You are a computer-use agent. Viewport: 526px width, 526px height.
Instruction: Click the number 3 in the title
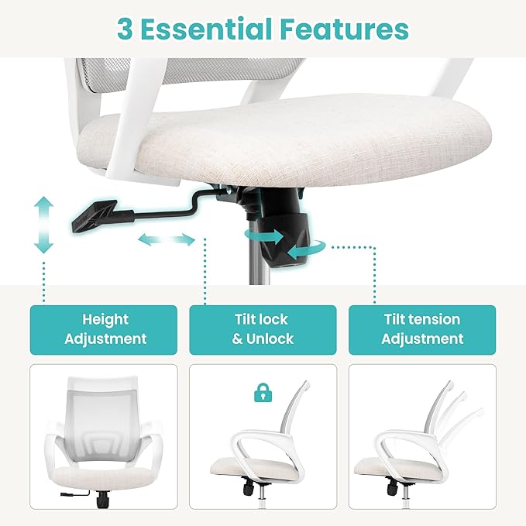click(x=125, y=29)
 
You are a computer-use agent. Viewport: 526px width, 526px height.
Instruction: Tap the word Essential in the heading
click(x=206, y=29)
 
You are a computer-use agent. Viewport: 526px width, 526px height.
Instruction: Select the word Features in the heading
click(x=344, y=29)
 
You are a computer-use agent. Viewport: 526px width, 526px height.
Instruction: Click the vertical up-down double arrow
click(x=43, y=225)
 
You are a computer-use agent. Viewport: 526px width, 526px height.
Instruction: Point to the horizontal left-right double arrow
click(x=167, y=239)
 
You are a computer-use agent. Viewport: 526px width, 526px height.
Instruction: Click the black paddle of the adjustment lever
click(x=94, y=215)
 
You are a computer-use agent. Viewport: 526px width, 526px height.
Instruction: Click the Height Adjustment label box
click(x=104, y=330)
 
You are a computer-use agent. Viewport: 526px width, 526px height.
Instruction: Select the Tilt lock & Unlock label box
click(x=263, y=330)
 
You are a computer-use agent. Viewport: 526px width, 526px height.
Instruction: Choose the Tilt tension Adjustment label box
click(x=422, y=330)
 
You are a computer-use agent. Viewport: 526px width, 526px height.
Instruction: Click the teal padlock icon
click(x=263, y=393)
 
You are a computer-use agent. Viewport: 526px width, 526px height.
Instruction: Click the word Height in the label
click(x=105, y=320)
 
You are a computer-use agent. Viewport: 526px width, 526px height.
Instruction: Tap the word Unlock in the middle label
click(x=270, y=339)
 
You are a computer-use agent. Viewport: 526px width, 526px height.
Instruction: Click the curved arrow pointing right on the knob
click(x=265, y=236)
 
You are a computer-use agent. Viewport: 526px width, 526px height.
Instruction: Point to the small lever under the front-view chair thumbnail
click(x=74, y=493)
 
